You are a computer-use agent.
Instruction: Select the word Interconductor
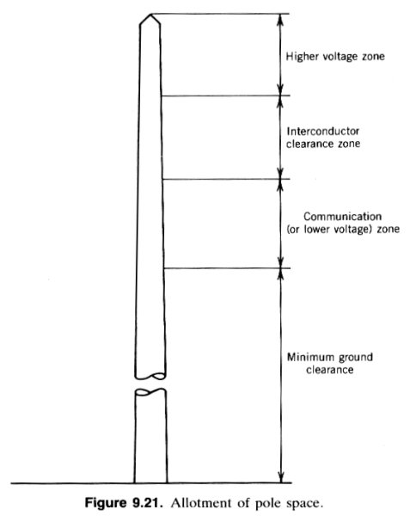click(x=323, y=132)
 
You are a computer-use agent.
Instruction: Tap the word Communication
click(x=342, y=217)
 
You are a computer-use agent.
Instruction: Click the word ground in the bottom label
click(x=356, y=358)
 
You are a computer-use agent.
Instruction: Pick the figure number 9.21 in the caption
click(x=148, y=503)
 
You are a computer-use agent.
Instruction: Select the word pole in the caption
click(x=268, y=503)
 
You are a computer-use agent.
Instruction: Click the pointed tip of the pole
click(x=151, y=14)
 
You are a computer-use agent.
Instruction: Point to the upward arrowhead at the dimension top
click(x=280, y=20)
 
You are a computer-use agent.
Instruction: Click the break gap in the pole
click(x=150, y=384)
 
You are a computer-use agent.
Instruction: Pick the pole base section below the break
click(x=150, y=436)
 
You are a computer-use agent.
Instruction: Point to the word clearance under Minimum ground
click(x=330, y=370)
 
